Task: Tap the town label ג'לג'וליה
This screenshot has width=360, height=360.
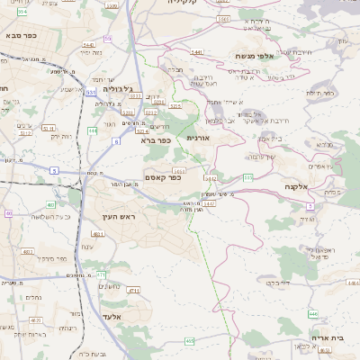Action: tap(117, 89)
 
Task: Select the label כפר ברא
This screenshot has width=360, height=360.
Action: tap(155, 140)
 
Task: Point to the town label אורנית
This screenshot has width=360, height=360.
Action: tap(197, 139)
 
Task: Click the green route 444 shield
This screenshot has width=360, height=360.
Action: tap(94, 131)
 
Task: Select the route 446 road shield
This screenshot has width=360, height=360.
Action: tap(312, 312)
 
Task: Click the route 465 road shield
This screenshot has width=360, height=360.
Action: tap(189, 341)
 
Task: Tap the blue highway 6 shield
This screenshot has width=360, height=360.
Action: tap(116, 141)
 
